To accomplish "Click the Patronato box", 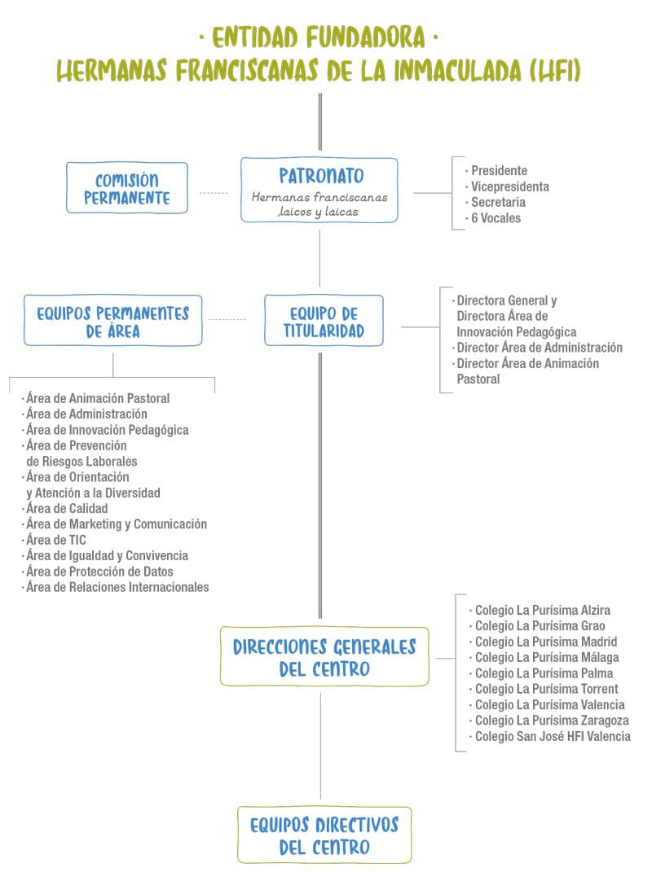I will [319, 189].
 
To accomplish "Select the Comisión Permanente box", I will [126, 188].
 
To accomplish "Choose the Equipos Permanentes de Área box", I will [112, 322].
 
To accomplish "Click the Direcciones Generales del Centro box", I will [324, 657].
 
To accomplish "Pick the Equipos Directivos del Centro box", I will [324, 835].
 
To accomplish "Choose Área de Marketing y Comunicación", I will [117, 524].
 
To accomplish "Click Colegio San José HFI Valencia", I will [552, 736].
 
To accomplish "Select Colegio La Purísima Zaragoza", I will [551, 721].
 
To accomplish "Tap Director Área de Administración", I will [539, 348].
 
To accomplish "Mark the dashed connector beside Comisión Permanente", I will [214, 193].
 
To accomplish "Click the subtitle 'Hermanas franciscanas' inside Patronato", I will [319, 198].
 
